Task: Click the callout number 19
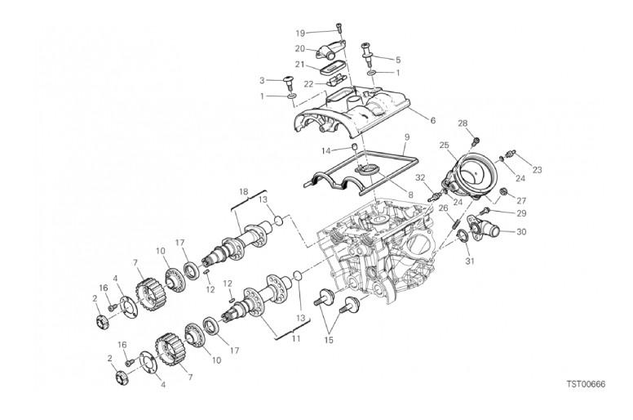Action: (300, 34)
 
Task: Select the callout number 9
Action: (405, 137)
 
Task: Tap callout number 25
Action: (445, 145)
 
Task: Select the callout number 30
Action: (522, 232)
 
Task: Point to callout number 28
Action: (463, 123)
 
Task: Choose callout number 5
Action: (398, 60)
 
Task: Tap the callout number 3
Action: (263, 80)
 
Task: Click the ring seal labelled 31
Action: (463, 238)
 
